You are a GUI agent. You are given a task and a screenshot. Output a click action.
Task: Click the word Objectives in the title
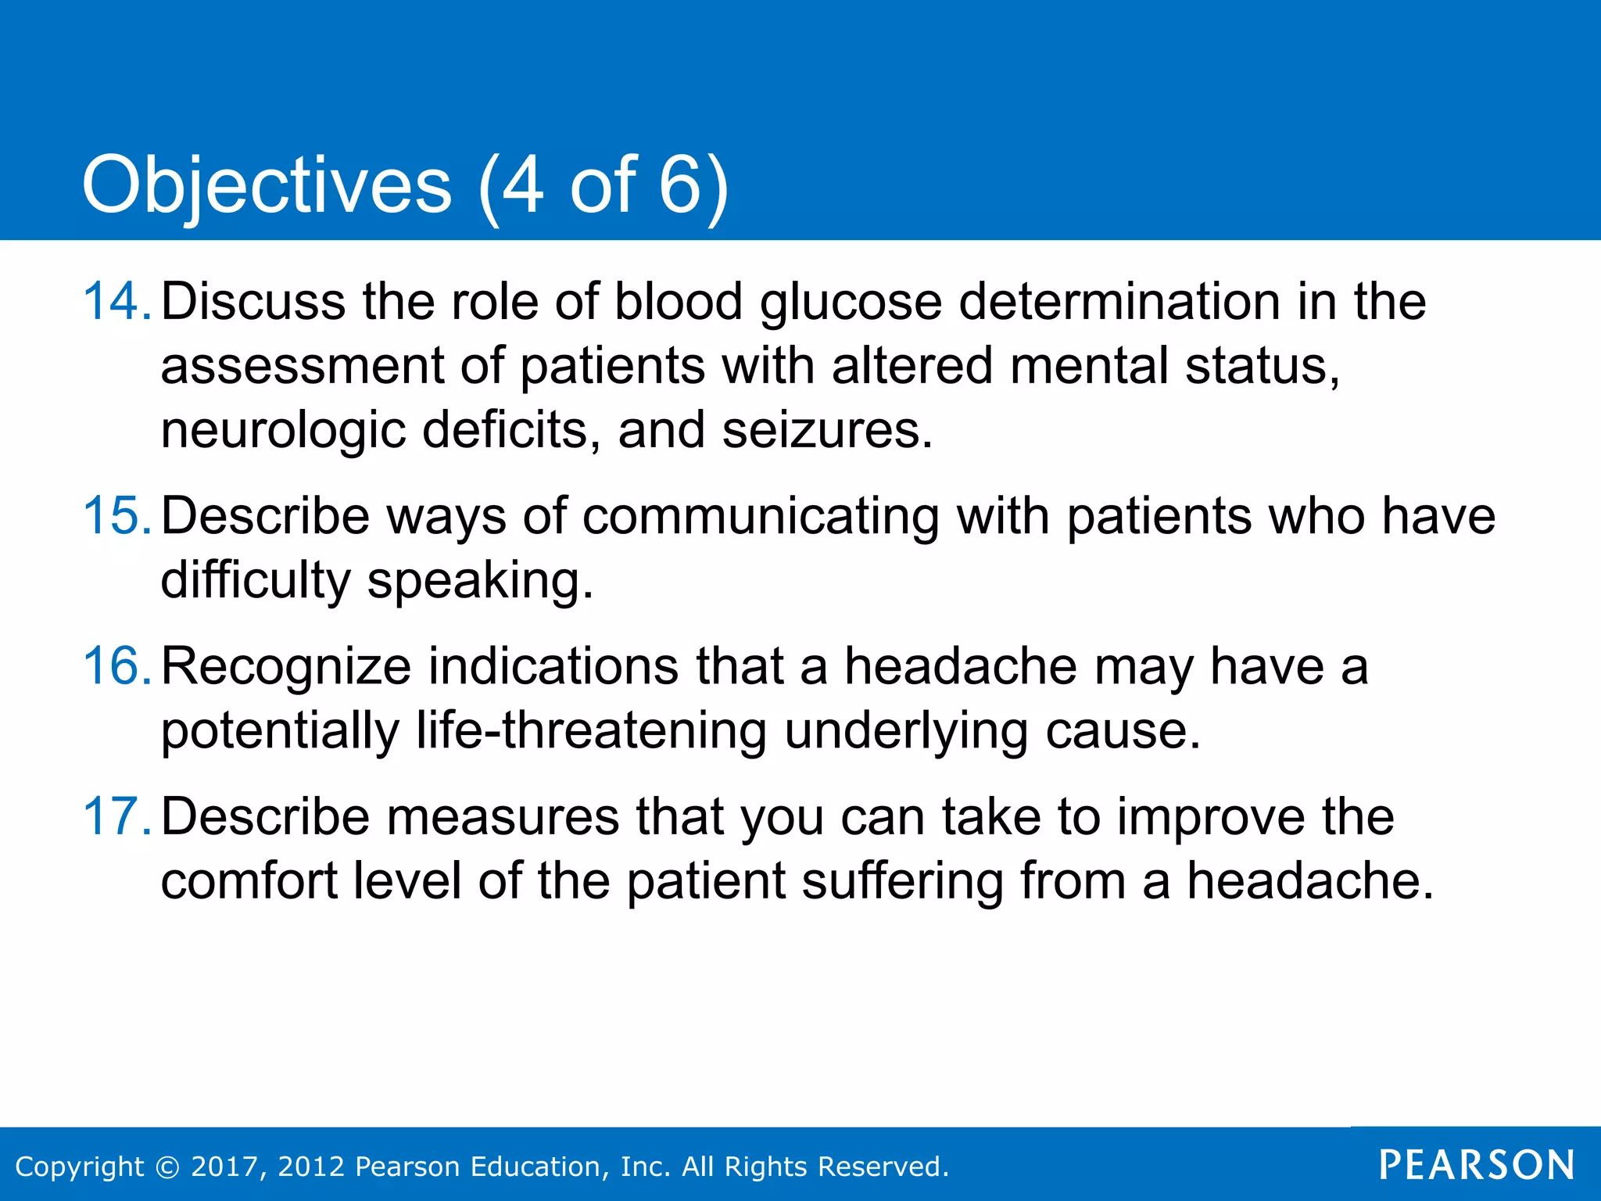click(267, 186)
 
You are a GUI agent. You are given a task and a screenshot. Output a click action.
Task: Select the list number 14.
click(116, 301)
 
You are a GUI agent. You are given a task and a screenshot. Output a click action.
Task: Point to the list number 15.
click(116, 516)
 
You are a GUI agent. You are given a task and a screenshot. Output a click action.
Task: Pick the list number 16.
click(116, 666)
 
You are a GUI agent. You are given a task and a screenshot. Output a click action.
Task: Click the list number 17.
click(116, 816)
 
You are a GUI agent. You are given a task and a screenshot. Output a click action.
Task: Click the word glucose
click(851, 303)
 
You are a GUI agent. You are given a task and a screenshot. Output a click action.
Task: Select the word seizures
click(827, 431)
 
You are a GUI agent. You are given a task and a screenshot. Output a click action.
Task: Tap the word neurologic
click(283, 432)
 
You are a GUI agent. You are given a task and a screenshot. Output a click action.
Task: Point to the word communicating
click(761, 518)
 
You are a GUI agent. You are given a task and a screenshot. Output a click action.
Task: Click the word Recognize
click(286, 668)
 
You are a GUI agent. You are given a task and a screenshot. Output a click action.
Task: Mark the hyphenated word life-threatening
click(591, 732)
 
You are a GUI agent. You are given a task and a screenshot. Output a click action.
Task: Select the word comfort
click(249, 881)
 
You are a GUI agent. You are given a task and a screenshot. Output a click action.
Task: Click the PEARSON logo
click(1477, 1165)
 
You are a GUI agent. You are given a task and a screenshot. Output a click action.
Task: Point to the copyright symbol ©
click(167, 1167)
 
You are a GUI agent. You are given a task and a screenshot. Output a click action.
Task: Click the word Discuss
click(253, 302)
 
